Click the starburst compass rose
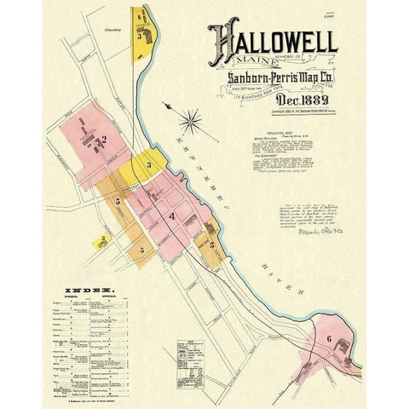[190, 122]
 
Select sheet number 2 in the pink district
[104, 139]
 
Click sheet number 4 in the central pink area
[172, 216]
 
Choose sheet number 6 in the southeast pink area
[329, 337]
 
